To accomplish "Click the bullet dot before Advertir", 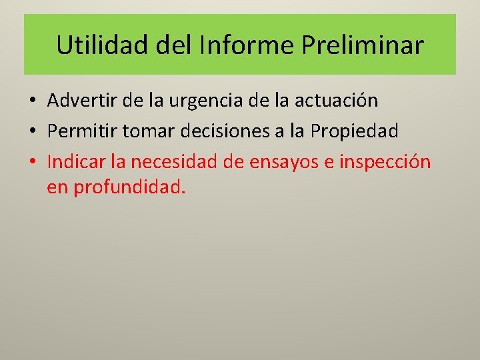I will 32,101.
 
